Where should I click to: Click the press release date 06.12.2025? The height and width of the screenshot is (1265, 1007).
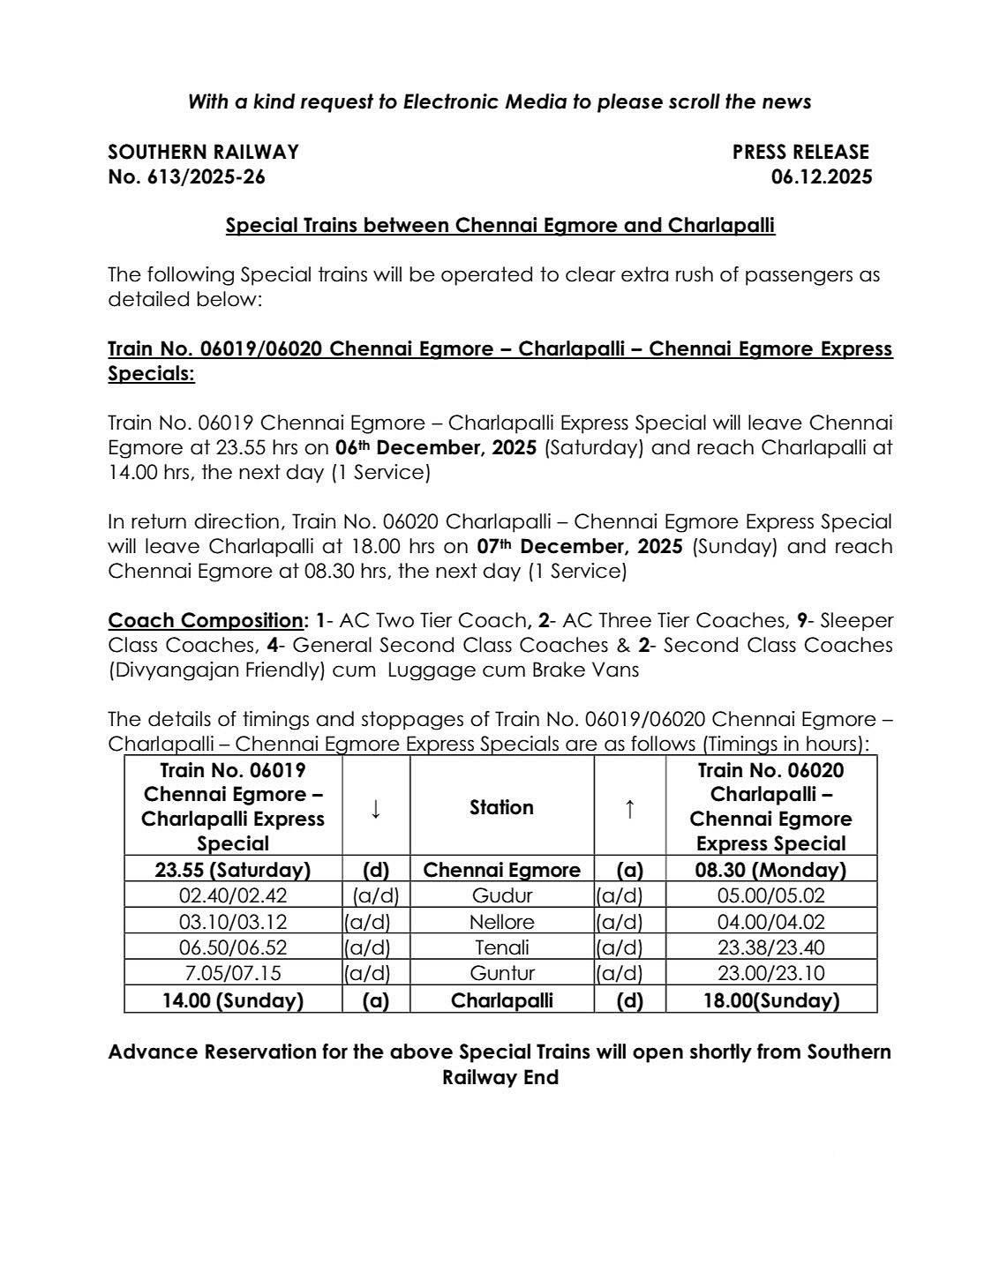821,176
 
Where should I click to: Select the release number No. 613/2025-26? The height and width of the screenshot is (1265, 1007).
186,176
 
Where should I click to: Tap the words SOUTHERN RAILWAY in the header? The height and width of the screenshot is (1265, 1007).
203,152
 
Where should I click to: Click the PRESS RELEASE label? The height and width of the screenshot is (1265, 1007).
800,152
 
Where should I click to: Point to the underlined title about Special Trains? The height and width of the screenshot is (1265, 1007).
500,225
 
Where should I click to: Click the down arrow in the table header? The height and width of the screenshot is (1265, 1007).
376,807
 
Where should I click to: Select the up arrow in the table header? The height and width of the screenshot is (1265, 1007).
629,807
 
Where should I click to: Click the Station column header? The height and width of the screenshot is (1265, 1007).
501,807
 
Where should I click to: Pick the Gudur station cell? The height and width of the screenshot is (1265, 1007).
501,895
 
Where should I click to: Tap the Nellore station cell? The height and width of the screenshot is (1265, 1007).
501,922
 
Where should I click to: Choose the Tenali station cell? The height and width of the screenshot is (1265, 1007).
501,947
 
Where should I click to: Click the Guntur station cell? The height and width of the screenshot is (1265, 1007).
501,973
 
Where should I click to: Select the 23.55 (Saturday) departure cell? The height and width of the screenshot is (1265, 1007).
233,870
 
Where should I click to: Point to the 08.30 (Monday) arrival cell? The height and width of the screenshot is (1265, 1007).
770,870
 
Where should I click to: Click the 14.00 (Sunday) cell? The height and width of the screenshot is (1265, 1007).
233,1000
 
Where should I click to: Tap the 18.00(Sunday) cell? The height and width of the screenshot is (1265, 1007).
770,1000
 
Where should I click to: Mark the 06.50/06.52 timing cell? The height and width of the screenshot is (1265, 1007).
233,947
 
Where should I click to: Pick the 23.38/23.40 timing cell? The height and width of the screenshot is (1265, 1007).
770,947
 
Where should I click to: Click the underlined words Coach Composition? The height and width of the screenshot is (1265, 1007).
205,620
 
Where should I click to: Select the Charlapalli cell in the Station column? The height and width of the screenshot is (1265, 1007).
501,1000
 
